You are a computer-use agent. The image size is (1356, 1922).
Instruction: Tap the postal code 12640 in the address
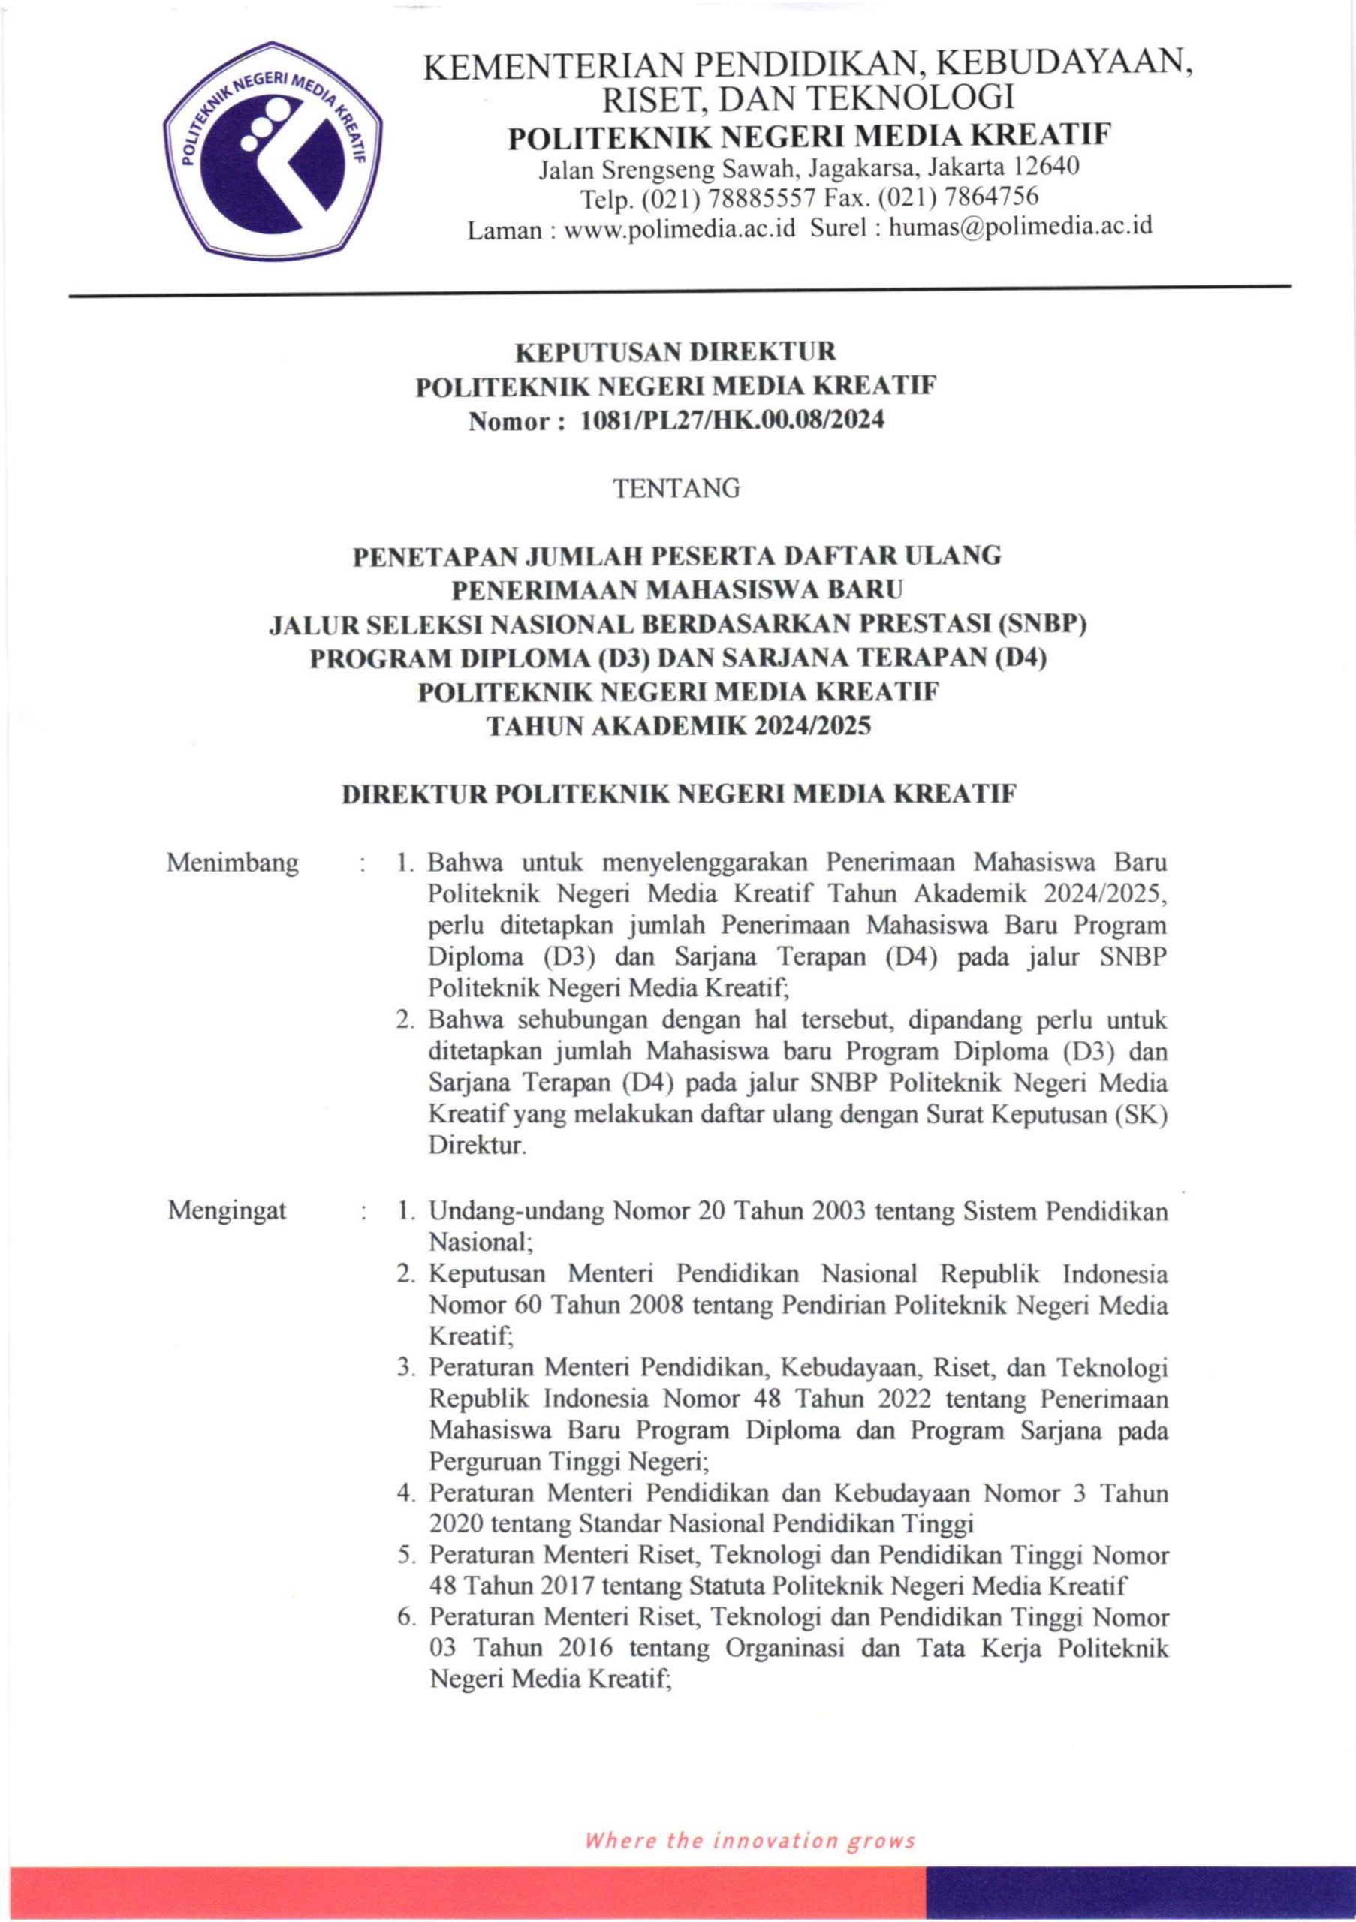1044,167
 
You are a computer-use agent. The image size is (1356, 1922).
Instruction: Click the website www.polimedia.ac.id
680,227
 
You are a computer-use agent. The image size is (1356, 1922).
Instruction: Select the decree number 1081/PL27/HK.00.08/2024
732,420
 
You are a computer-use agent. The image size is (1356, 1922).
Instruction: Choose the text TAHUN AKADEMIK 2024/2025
678,726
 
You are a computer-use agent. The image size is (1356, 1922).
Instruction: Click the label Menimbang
233,862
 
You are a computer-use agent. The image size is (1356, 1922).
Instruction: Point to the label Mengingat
227,1210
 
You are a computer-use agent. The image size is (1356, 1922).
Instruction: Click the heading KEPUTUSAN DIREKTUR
676,351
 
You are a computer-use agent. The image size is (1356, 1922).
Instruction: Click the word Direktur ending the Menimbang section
477,1146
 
